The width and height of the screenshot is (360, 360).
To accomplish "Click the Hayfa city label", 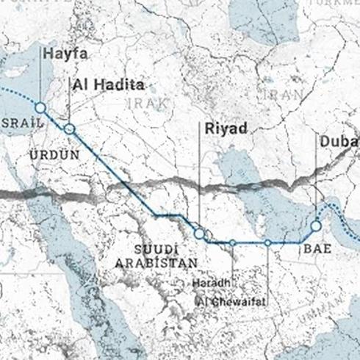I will click(x=65, y=54).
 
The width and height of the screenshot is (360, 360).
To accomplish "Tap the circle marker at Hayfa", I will click(x=40, y=108).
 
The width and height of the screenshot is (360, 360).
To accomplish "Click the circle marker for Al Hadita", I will click(x=69, y=129).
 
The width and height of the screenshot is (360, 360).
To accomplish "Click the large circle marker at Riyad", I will click(x=199, y=233).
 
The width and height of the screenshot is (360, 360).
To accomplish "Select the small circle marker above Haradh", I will click(x=232, y=242).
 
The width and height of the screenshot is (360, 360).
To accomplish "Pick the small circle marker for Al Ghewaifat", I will click(x=268, y=242).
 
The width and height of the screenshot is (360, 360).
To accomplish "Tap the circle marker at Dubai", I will click(x=317, y=226).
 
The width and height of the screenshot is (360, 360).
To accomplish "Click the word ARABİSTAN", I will click(x=156, y=262).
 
